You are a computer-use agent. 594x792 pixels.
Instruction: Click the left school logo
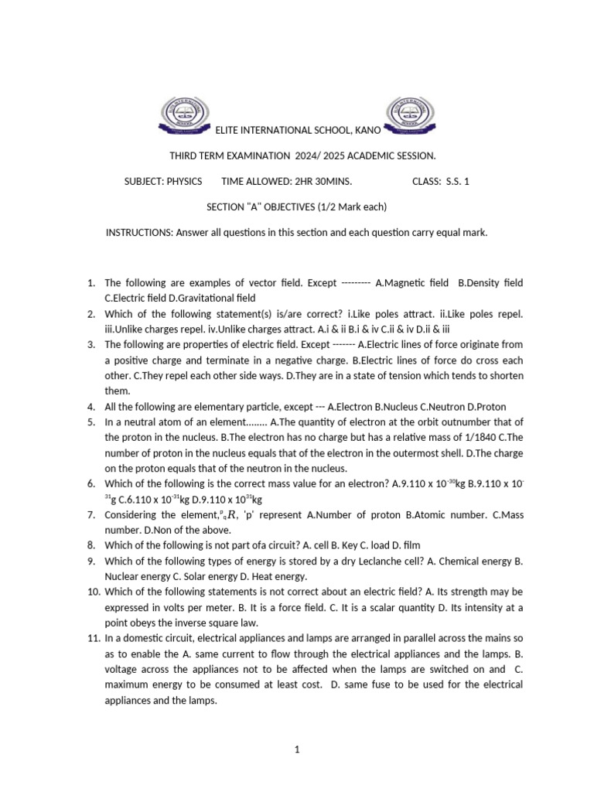click(183, 114)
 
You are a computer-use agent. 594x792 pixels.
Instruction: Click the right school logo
click(408, 114)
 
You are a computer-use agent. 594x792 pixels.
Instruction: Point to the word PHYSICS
click(184, 181)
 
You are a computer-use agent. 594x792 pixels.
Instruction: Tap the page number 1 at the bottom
click(297, 749)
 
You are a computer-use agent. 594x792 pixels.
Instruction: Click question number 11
click(93, 638)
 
